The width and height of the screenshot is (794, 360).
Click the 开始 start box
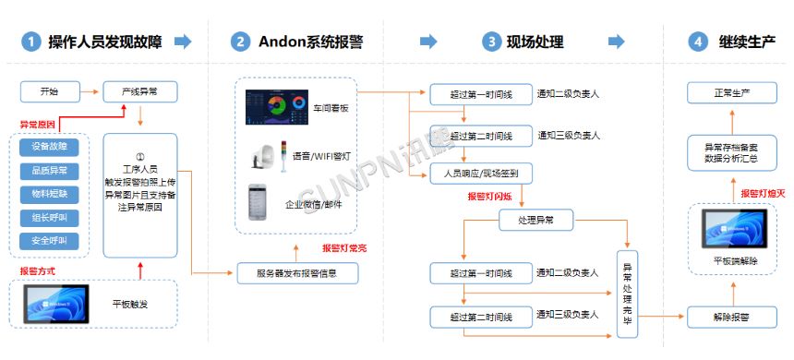(x=49, y=91)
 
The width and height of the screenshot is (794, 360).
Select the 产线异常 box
(x=139, y=91)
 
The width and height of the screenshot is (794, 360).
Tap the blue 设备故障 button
(x=49, y=147)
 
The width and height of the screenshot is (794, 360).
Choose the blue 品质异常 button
(x=49, y=171)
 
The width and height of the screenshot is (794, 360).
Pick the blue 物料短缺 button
(x=49, y=195)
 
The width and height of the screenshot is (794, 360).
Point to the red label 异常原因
(x=39, y=123)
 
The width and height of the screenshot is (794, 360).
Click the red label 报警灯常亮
(x=344, y=248)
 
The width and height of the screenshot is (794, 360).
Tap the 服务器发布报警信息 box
(x=296, y=273)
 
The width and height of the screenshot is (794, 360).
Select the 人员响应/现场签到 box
(x=481, y=174)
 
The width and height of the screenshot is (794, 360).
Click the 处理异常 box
(x=535, y=220)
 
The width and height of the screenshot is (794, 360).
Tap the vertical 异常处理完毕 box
(x=627, y=286)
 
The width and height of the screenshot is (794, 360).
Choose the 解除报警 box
(x=732, y=317)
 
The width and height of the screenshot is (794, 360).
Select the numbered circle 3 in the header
(x=490, y=42)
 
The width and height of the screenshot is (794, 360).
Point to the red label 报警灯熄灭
(x=763, y=193)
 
